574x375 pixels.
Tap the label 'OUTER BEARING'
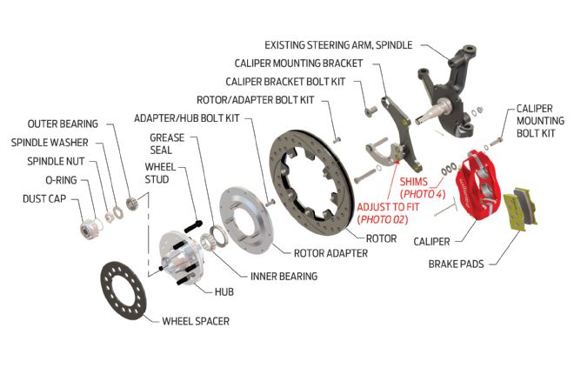[63, 124]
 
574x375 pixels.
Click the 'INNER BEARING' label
[284, 277]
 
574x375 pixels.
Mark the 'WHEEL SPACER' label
[196, 321]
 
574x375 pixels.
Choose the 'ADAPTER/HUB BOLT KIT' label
[187, 118]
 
